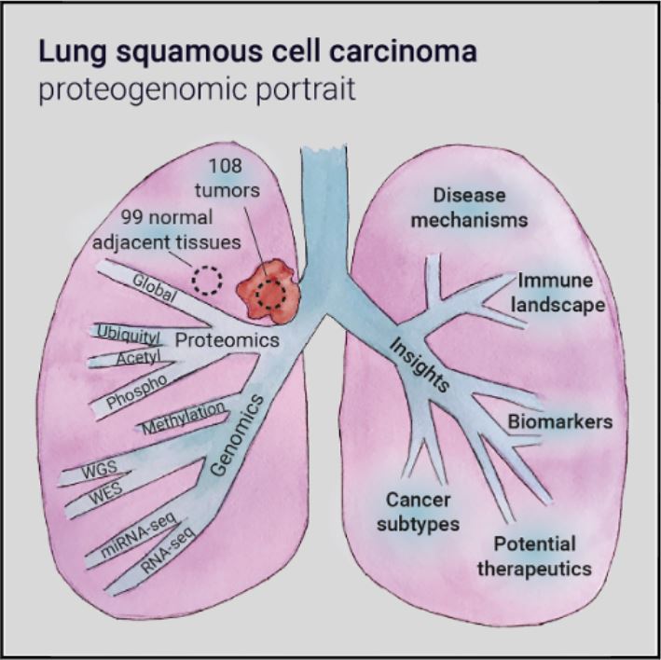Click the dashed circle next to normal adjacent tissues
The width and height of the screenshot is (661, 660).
(x=207, y=280)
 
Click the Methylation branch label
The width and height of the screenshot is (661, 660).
(x=185, y=418)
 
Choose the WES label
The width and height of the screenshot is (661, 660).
(x=101, y=493)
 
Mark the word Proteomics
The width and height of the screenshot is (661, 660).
(x=227, y=341)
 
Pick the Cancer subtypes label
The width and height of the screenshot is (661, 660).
(x=423, y=511)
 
